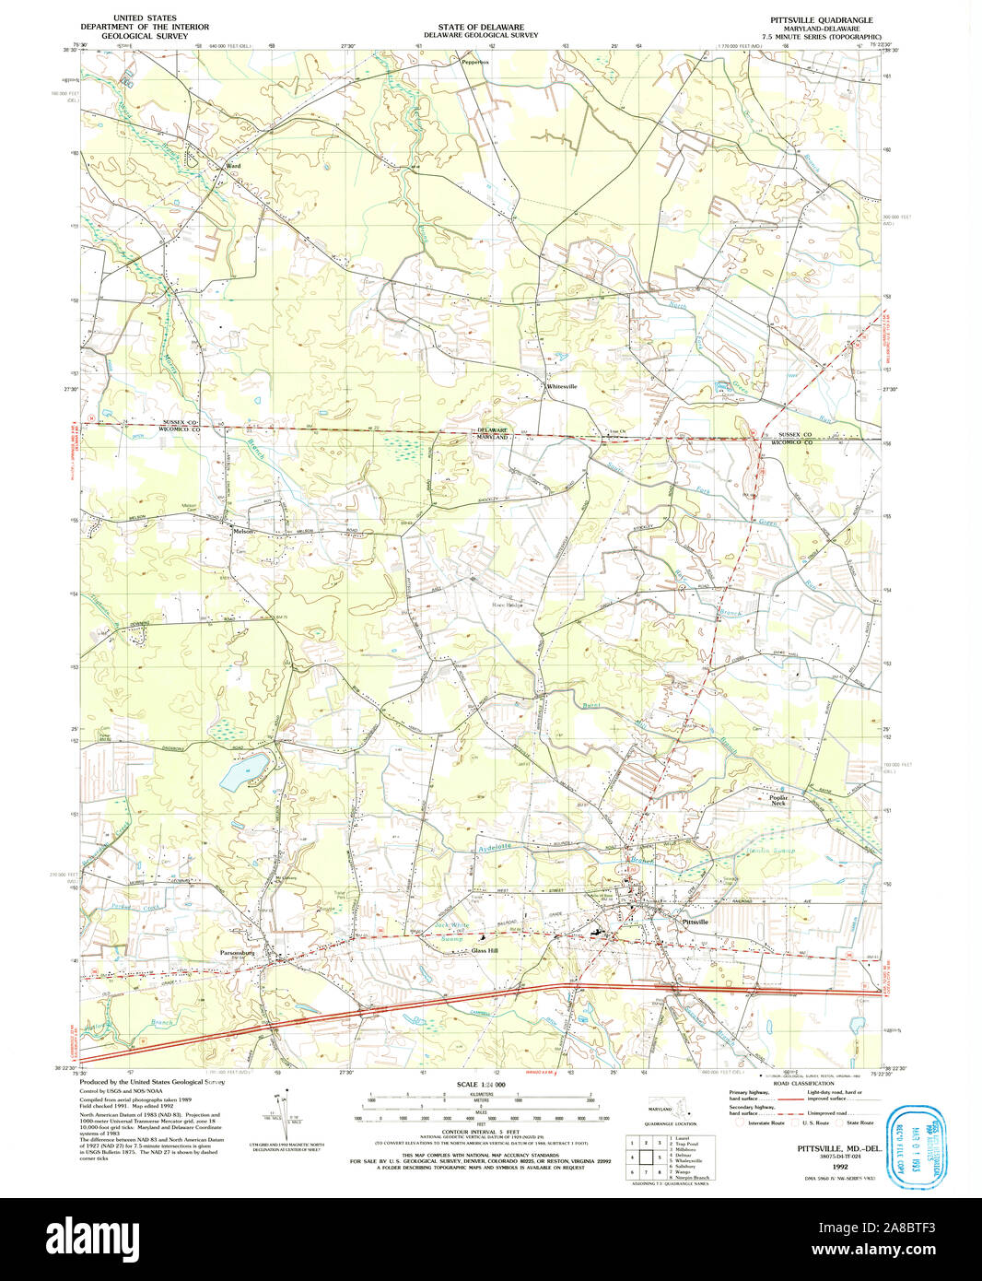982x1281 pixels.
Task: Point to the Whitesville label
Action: point(562,387)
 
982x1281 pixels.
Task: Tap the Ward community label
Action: point(233,166)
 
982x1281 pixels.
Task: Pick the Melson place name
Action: point(243,531)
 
